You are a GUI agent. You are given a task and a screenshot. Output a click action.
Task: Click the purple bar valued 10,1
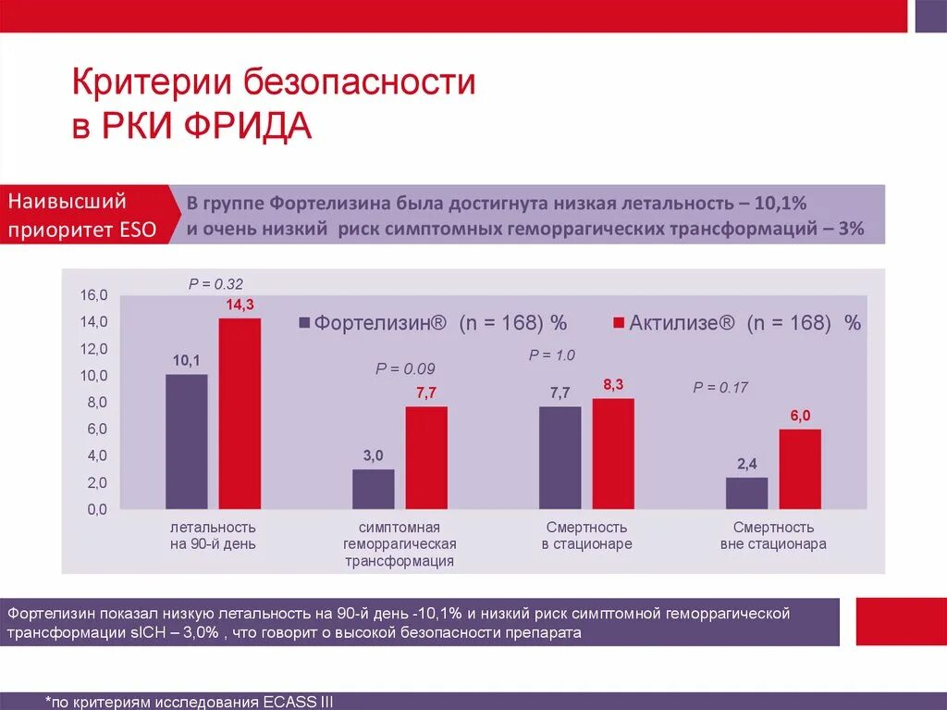click(x=187, y=441)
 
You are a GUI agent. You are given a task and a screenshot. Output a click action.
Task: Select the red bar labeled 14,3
click(x=240, y=413)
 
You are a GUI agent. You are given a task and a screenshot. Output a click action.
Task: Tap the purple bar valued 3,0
click(x=373, y=489)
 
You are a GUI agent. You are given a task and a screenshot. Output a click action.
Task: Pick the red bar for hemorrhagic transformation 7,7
click(x=425, y=457)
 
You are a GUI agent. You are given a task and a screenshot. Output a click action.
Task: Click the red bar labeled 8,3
click(x=613, y=454)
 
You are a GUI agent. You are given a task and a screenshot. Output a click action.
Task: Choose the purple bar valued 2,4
click(x=746, y=492)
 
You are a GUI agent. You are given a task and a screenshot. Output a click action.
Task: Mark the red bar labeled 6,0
click(x=799, y=468)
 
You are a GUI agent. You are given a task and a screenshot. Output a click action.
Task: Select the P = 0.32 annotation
click(x=215, y=284)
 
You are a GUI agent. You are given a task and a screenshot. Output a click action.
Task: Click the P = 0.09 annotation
click(x=404, y=367)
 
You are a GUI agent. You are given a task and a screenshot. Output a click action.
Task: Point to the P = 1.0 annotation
click(x=551, y=355)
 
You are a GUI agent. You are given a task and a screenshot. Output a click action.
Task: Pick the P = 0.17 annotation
click(x=720, y=388)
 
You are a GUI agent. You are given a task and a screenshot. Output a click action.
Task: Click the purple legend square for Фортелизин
click(x=304, y=323)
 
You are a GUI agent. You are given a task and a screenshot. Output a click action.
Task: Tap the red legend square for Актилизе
click(x=619, y=323)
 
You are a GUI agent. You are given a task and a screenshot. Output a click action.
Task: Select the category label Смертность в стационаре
click(x=586, y=536)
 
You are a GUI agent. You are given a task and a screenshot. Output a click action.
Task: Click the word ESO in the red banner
click(x=137, y=230)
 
